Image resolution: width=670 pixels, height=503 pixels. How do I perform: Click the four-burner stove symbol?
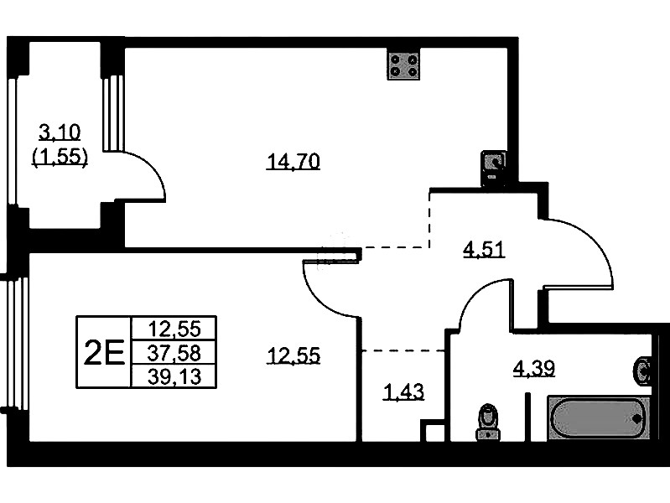[x=403, y=65]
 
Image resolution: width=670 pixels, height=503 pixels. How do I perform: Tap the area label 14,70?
[x=293, y=162]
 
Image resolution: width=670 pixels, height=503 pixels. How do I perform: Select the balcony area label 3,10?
[x=60, y=133]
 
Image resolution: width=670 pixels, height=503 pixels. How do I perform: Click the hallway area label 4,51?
[x=484, y=250]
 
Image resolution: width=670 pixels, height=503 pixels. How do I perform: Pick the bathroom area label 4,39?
[x=533, y=368]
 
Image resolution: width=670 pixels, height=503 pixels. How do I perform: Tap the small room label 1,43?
[x=404, y=392]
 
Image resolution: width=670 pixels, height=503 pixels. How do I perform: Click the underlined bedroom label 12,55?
[x=293, y=355]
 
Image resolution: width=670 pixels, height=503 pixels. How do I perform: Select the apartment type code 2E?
[x=104, y=352]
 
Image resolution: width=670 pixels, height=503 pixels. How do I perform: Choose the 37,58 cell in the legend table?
[x=174, y=353]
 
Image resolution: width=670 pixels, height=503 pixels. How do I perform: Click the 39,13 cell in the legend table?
[x=174, y=376]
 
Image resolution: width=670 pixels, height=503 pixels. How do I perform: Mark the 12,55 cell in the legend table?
[x=174, y=329]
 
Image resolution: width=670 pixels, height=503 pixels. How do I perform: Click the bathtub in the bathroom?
[x=599, y=418]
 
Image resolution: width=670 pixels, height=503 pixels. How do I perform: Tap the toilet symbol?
[x=488, y=423]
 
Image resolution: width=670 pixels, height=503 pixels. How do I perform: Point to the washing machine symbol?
[x=494, y=169]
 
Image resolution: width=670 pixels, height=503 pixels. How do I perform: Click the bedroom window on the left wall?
[x=17, y=342]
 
